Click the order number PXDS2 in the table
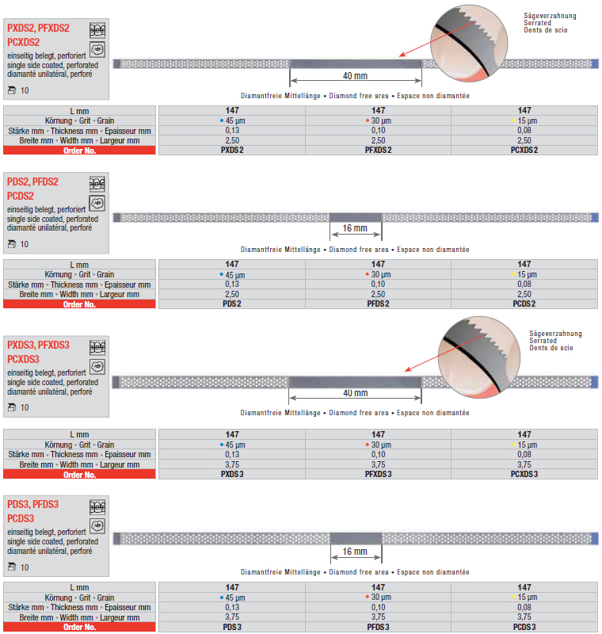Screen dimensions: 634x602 click(232, 150)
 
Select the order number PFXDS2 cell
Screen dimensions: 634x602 click(378, 150)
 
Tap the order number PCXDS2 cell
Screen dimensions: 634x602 click(524, 150)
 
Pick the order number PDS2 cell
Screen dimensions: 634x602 click(232, 304)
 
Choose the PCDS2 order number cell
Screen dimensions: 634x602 click(524, 304)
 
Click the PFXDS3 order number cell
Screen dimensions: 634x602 click(378, 474)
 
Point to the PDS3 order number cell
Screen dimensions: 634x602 click(232, 627)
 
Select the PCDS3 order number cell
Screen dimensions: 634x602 click(524, 627)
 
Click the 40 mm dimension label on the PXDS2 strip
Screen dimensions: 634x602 click(355, 76)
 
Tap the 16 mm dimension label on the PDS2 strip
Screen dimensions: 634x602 click(355, 230)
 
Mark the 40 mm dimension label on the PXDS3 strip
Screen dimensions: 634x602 click(355, 393)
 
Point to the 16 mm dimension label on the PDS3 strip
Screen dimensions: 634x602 click(355, 552)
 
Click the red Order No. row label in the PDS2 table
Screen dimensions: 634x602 click(79, 304)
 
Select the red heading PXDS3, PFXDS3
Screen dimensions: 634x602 click(38, 345)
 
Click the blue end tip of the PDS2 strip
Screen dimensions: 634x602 click(595, 217)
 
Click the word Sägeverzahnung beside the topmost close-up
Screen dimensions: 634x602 click(550, 16)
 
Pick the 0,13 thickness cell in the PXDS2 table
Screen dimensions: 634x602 click(232, 130)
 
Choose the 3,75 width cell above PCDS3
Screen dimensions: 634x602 click(524, 617)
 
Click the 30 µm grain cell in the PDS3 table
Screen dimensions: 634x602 click(378, 597)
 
